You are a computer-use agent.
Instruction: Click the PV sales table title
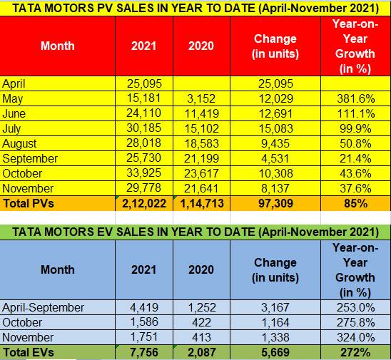195,9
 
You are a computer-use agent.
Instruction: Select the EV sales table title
195,232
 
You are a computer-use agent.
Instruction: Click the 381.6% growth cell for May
356,98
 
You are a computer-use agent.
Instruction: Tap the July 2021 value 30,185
143,128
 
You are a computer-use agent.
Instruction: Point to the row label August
19,144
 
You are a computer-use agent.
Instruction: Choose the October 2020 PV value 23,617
201,173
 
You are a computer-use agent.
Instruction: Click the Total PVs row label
29,203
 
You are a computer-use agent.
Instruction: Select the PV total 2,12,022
144,203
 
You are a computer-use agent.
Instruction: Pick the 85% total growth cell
356,203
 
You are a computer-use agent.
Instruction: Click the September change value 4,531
275,158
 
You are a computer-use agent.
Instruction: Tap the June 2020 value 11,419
201,113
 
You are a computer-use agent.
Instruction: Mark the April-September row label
43,308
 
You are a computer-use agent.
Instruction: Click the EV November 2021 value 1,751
144,337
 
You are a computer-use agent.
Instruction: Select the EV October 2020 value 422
201,322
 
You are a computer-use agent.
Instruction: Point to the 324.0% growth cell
356,337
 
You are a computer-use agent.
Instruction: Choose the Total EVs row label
29,353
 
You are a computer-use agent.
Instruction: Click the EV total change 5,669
275,353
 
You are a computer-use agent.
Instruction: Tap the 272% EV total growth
356,353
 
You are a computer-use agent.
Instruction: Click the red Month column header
58,46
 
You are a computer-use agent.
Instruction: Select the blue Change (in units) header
275,270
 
